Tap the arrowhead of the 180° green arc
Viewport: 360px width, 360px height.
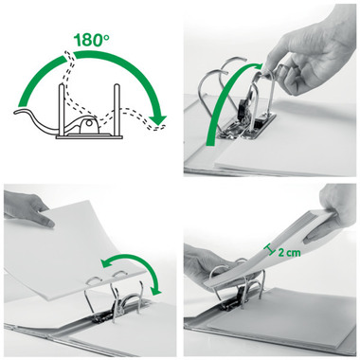click(160, 118)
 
